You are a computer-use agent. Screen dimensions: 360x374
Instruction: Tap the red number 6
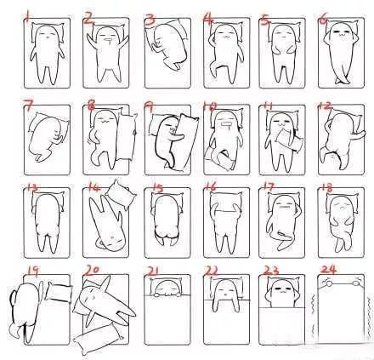(324, 17)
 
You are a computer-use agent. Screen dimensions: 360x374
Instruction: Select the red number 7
(27, 106)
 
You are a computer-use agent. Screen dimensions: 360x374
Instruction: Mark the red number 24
(327, 272)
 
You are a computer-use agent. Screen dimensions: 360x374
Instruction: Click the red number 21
(153, 272)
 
